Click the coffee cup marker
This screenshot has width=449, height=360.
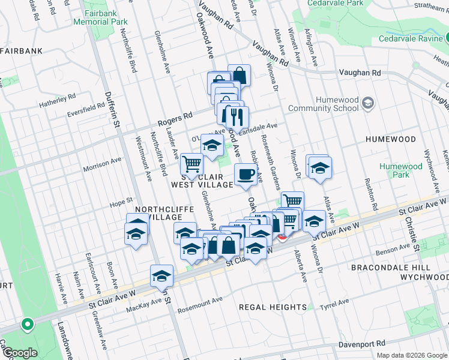pos(245,175)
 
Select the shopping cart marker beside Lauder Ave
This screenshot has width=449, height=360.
pos(191,164)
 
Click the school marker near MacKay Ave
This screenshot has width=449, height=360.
pos(161,277)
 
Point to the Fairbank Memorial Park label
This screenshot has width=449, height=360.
pos(100,17)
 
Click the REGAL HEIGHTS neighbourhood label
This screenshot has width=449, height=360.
pos(273,307)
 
